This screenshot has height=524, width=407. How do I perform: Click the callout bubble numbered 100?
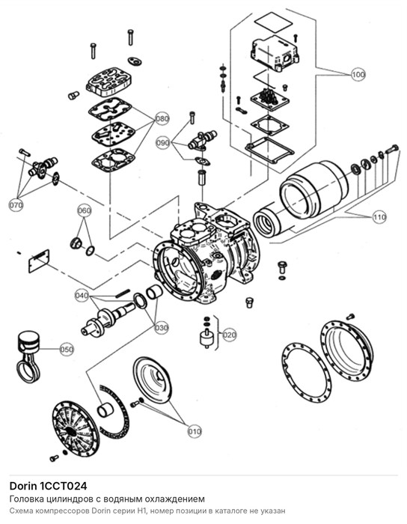(358, 74)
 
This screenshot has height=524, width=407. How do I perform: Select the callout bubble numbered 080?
(162, 118)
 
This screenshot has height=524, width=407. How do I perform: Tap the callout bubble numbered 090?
(163, 143)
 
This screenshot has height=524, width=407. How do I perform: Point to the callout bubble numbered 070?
(16, 204)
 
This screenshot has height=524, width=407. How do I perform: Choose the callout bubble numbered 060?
(84, 210)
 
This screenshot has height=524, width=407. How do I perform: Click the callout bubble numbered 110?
(379, 218)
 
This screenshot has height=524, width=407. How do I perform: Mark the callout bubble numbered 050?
(67, 350)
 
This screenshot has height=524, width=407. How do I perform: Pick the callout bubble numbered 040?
(82, 296)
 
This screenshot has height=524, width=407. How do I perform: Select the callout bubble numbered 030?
(162, 328)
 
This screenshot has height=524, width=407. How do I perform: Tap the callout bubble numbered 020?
(230, 335)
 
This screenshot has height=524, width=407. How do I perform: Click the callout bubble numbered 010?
(195, 431)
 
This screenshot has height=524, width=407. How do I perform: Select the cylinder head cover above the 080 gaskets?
(109, 81)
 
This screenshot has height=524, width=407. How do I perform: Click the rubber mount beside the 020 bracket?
(206, 338)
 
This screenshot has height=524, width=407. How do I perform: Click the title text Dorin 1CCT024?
(49, 485)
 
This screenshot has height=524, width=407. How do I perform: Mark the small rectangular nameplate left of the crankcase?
(39, 261)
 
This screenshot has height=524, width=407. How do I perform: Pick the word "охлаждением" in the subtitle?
(180, 499)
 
